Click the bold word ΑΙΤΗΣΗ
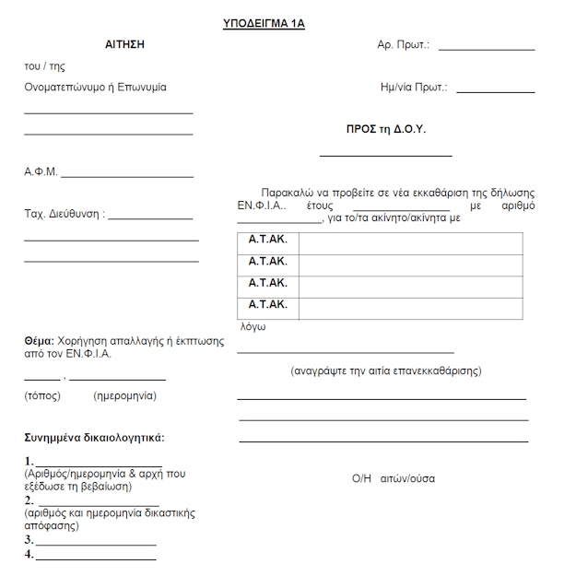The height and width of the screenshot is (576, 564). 125,44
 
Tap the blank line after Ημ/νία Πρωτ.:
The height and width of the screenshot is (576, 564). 495,92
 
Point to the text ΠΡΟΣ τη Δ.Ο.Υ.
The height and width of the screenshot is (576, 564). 385,130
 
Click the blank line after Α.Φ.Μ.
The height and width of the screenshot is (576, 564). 127,175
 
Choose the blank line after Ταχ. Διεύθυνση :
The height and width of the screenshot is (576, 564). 150,218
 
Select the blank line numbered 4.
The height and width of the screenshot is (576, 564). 95,558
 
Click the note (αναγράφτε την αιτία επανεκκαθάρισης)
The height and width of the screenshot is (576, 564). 386,371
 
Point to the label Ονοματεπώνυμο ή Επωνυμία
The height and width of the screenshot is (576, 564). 96,88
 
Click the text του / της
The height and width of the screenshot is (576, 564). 44,66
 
